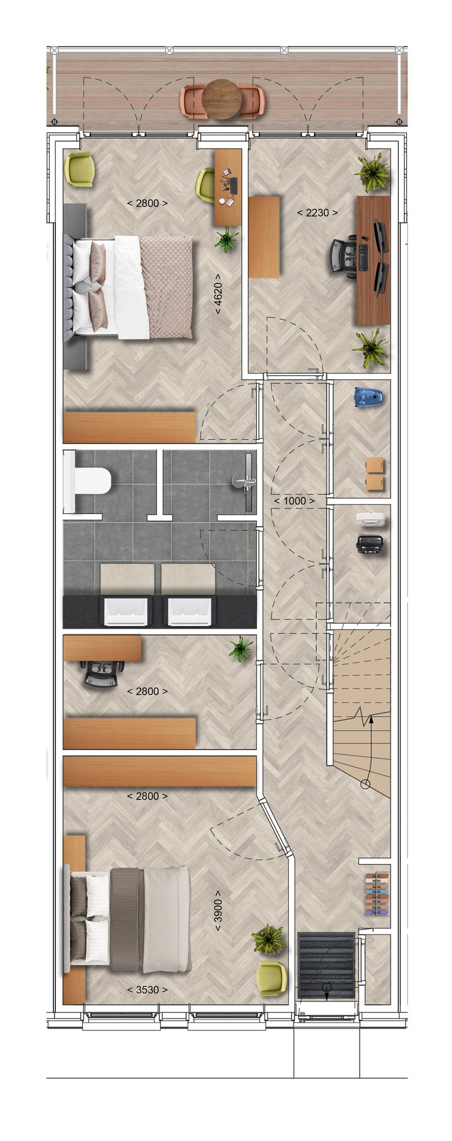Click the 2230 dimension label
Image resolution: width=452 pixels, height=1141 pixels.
(317, 213)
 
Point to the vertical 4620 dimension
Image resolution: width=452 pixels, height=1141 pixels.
(218, 294)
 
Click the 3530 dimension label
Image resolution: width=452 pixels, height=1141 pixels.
(147, 990)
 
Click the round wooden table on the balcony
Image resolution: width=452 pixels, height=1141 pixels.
(222, 99)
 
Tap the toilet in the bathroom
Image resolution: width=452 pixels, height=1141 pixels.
(87, 482)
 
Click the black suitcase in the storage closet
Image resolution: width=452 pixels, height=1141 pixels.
(370, 544)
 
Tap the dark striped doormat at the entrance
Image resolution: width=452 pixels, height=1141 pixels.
(326, 965)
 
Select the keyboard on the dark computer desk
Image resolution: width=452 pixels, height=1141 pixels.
(363, 258)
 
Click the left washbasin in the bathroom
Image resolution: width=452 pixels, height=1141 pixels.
(128, 612)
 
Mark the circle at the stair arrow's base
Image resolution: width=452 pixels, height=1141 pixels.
(365, 783)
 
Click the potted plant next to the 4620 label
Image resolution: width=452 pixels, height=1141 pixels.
(227, 238)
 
